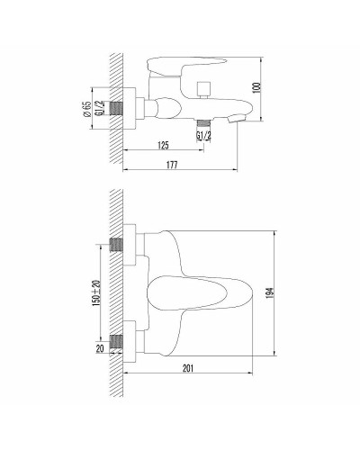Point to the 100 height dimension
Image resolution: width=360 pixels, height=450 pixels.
[x=268, y=90]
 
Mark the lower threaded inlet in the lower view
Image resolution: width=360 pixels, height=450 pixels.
[x=114, y=342]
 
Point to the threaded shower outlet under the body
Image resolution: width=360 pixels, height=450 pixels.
[x=203, y=120]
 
